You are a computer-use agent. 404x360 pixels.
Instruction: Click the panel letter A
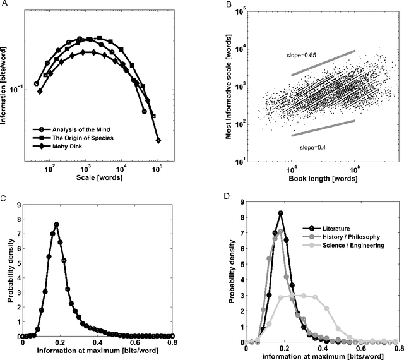[x=4, y=4]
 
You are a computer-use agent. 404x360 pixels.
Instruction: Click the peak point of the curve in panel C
[x=56, y=224]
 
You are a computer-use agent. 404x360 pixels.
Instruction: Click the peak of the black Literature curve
[x=280, y=213]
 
